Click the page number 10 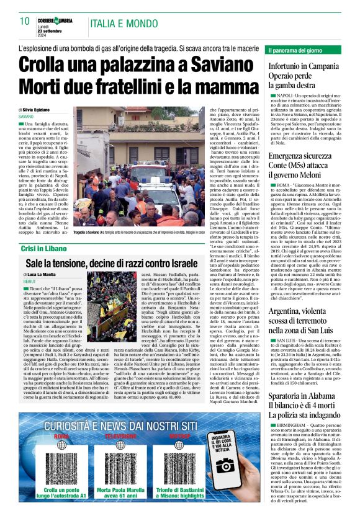[x=24, y=21]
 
